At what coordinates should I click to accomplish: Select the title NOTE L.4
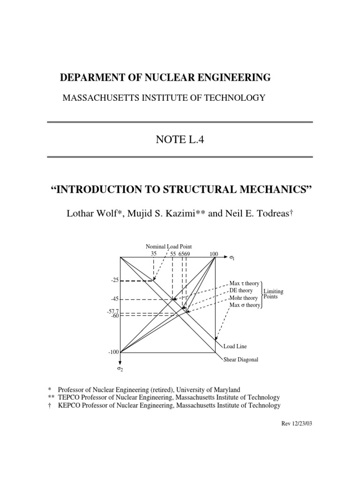click(180, 139)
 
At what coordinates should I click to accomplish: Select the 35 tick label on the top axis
click(153, 254)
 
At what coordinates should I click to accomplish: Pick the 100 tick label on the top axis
click(214, 254)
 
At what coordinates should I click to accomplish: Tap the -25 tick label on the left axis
click(115, 280)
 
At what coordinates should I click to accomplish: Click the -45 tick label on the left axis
click(115, 299)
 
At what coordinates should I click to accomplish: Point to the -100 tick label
click(114, 352)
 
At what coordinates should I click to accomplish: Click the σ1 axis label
click(232, 257)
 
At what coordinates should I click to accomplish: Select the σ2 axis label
click(120, 369)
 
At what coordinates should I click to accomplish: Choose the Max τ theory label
click(244, 284)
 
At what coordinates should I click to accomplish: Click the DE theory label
click(241, 291)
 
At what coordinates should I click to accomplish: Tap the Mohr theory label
click(243, 298)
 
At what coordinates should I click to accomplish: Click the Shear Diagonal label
click(240, 360)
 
